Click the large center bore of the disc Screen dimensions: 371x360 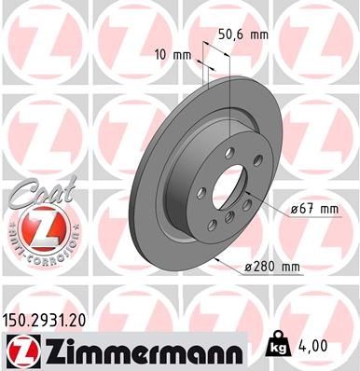(x=230, y=190)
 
